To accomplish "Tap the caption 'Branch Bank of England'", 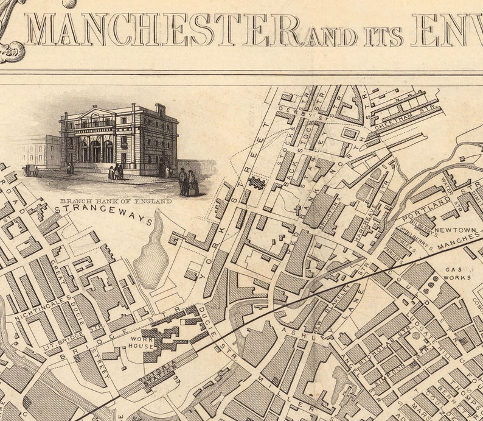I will (x=116, y=200).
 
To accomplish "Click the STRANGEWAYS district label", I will (x=104, y=214).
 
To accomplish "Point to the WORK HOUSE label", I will (x=140, y=342).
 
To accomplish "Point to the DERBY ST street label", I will (x=296, y=112).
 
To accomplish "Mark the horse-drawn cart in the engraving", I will (x=30, y=171).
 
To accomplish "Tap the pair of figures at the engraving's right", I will (x=187, y=181).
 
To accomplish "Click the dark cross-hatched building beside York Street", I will (x=257, y=183).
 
